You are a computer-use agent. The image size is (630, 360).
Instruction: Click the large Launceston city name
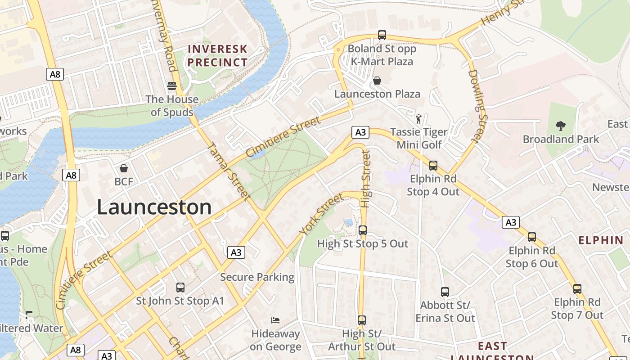click(154, 207)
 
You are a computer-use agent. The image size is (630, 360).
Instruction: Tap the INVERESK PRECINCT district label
click(218, 55)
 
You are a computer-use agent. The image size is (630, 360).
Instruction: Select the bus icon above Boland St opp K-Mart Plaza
click(382, 35)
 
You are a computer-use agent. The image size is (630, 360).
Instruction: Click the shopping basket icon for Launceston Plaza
click(377, 81)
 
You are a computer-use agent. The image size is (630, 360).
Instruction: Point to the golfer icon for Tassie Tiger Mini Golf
click(419, 119)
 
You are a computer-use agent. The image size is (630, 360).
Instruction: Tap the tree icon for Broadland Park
click(560, 126)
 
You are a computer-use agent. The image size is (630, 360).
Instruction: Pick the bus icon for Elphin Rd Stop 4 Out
click(433, 165)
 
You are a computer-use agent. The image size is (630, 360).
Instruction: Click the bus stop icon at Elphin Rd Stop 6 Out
click(532, 237)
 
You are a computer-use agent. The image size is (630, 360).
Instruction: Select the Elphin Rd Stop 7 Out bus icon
click(577, 288)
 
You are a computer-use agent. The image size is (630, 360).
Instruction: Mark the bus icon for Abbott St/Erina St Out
click(445, 292)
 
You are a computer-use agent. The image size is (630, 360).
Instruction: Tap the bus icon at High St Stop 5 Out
click(362, 230)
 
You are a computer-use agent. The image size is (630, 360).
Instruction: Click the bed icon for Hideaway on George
click(275, 320)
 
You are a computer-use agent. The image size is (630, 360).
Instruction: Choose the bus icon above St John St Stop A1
click(180, 287)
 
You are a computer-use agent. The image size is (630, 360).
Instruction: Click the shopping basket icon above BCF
click(124, 168)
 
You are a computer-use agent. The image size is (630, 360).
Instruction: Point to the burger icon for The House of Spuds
click(171, 85)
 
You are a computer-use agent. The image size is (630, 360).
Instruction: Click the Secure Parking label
click(257, 277)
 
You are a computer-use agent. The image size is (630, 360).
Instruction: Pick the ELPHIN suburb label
click(601, 240)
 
